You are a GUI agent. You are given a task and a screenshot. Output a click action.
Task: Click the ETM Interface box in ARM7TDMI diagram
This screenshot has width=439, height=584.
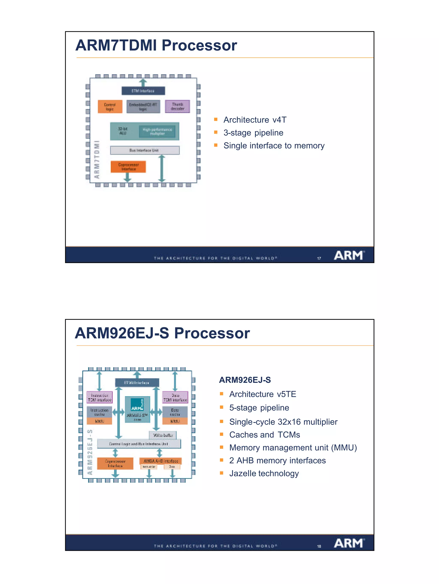[x=143, y=91]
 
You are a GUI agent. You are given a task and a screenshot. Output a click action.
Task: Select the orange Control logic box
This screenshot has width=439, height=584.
[x=110, y=107]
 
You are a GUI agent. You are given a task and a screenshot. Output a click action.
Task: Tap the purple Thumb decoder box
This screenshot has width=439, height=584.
[x=177, y=106]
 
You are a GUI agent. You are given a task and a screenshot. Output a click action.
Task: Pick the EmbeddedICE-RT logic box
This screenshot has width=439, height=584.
[x=143, y=107]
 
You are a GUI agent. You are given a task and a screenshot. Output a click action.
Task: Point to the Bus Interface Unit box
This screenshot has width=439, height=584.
[x=144, y=150]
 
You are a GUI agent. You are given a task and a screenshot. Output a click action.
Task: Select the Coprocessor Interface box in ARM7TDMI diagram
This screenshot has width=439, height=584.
[x=128, y=167]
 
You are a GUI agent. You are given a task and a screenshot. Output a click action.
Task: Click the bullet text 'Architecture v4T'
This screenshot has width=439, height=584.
[x=255, y=120]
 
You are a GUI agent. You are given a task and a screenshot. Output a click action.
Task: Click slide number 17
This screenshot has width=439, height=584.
[x=319, y=258]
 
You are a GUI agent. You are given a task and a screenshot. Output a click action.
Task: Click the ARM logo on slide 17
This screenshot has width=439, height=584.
[x=349, y=256]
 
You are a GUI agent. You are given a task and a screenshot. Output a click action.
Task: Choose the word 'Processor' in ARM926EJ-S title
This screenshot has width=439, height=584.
[x=212, y=333]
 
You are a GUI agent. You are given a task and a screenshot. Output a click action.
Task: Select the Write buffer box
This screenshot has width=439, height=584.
[x=163, y=435]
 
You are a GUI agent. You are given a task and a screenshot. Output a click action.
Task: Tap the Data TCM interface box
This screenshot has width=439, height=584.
[x=175, y=397]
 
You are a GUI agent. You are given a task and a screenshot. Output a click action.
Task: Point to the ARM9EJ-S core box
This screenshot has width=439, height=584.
[x=137, y=409]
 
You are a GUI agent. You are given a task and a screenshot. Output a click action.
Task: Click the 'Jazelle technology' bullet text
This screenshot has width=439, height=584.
[x=264, y=473]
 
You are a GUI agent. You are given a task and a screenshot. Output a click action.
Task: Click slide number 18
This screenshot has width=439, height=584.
[x=319, y=546]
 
